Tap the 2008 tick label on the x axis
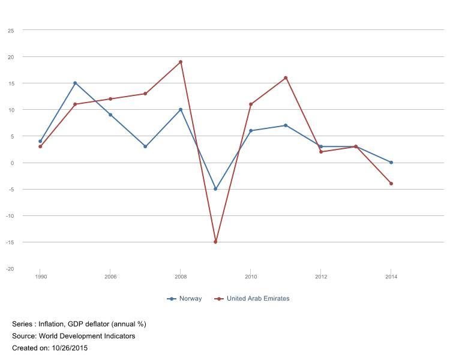pos(181,277)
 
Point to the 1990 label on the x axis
pos(41,277)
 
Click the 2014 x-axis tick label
pos(391,277)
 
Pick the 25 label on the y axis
pos(11,30)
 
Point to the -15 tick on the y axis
pos(10,242)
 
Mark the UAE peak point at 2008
pos(181,62)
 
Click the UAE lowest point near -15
pos(215,242)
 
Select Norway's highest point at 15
pos(75,83)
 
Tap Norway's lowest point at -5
pos(215,189)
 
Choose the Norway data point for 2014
pos(391,163)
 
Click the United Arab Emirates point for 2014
pos(391,184)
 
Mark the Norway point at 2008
pos(181,110)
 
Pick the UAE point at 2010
pos(251,104)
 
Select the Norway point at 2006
pos(110,115)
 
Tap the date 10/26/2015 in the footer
pos(67,348)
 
